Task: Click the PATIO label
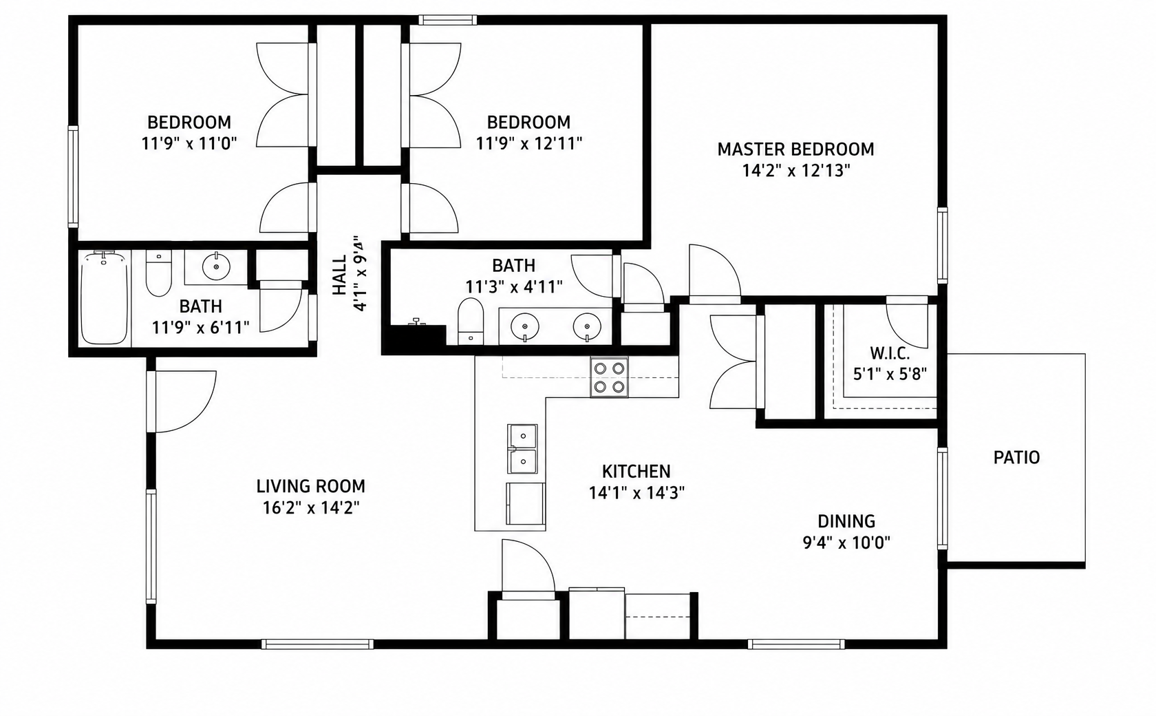(x=1016, y=457)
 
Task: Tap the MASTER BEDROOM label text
(x=795, y=149)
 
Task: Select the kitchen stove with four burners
(x=609, y=377)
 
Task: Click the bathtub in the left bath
(x=105, y=298)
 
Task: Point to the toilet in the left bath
(x=158, y=273)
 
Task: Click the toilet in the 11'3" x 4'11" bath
(x=471, y=321)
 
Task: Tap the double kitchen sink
(x=522, y=449)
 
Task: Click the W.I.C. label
(x=890, y=354)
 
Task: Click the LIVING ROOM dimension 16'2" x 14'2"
(x=311, y=508)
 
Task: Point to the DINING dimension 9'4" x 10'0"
(x=846, y=543)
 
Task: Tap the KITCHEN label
(x=636, y=472)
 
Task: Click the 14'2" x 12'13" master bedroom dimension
(x=795, y=170)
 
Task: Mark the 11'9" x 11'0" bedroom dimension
(x=189, y=143)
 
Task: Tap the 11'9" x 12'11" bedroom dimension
(x=529, y=143)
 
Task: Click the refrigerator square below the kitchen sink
(x=526, y=504)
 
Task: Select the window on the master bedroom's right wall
(x=943, y=245)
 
